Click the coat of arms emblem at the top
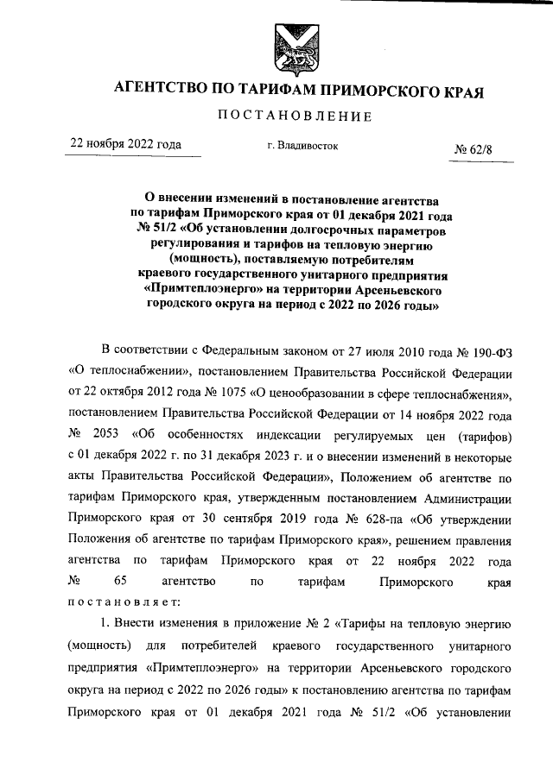coord(292,48)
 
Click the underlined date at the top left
coord(126,144)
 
